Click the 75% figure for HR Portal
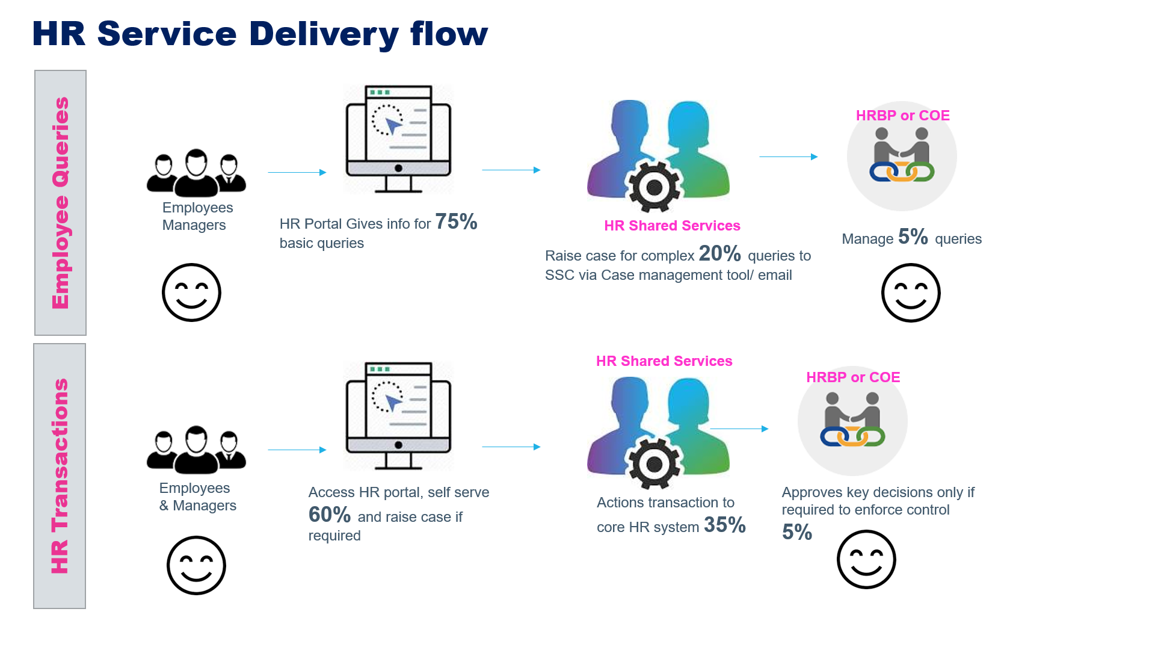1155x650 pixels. [x=456, y=222]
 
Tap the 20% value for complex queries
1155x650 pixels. [x=719, y=253]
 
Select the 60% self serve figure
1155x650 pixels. [x=329, y=515]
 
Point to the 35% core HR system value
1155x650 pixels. [x=724, y=525]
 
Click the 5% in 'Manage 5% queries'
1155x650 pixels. [x=913, y=237]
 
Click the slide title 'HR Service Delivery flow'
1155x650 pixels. [x=260, y=34]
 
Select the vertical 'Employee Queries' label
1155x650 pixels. [x=60, y=203]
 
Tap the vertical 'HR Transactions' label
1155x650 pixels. [x=60, y=475]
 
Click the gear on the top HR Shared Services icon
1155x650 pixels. [x=653, y=188]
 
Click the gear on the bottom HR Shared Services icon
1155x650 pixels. [x=653, y=463]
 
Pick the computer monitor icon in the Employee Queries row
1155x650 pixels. [x=398, y=140]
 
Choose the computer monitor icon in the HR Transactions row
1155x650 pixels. [x=398, y=416]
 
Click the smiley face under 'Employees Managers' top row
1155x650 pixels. [x=191, y=292]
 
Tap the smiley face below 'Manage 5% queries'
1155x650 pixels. [x=910, y=292]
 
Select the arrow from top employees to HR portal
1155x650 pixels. [x=297, y=172]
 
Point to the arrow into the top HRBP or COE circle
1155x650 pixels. [x=788, y=156]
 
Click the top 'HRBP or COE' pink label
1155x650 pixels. [x=902, y=116]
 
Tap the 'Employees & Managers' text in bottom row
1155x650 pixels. [x=197, y=497]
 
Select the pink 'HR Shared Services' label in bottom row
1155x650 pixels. [x=664, y=361]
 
